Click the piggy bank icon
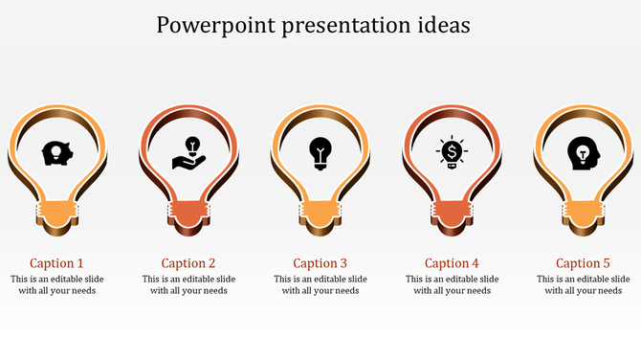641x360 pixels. click(x=56, y=152)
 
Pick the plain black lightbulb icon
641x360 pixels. click(x=320, y=153)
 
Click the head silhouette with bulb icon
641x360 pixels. click(x=582, y=152)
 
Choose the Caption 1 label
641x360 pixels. click(x=56, y=263)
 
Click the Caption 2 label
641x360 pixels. click(x=188, y=263)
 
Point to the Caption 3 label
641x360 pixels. click(x=320, y=263)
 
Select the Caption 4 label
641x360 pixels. click(x=452, y=263)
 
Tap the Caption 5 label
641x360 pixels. click(x=583, y=263)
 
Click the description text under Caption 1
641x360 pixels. click(x=56, y=284)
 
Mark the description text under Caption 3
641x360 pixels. click(x=320, y=284)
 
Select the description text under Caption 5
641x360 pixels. click(x=583, y=284)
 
